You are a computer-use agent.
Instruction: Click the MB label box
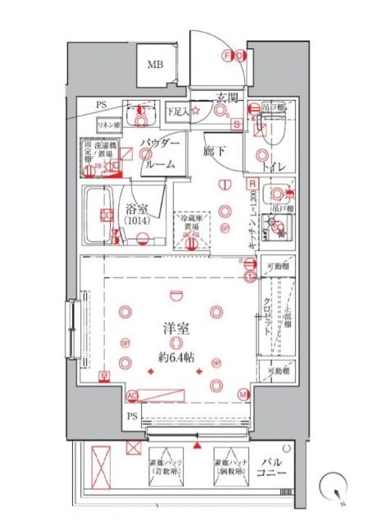[155, 65]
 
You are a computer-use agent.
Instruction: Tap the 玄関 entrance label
[227, 98]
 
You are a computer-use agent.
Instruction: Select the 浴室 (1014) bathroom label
[136, 214]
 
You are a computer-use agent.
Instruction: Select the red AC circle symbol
[131, 396]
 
